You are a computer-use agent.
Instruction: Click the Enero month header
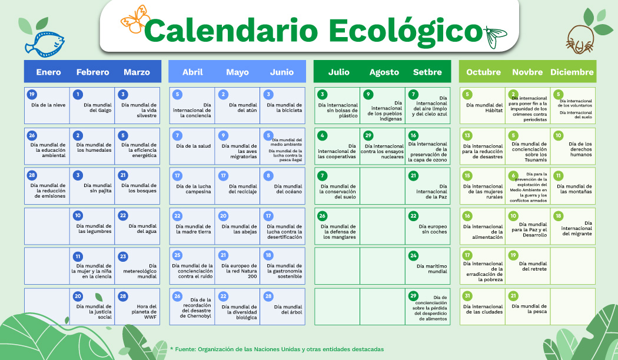click(x=48, y=72)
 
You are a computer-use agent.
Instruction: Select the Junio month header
click(x=282, y=72)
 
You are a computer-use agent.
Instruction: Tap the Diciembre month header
click(x=572, y=72)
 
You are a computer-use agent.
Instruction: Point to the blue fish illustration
click(x=45, y=42)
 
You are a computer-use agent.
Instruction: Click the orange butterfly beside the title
click(x=135, y=19)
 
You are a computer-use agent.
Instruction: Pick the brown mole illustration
click(x=580, y=39)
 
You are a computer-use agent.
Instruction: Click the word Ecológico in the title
click(x=406, y=31)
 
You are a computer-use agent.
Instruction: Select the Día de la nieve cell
click(x=47, y=105)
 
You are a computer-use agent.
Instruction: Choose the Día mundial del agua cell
click(x=137, y=226)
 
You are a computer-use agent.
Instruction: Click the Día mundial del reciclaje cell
click(x=237, y=186)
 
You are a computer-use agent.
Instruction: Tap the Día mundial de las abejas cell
click(x=237, y=226)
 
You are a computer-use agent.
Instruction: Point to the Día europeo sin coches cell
click(x=428, y=226)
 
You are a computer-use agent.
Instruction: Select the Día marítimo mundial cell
click(x=428, y=266)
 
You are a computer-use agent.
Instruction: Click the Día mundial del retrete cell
click(x=528, y=266)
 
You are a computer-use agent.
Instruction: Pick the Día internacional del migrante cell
click(x=573, y=226)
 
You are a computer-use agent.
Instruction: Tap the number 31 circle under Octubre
click(x=467, y=296)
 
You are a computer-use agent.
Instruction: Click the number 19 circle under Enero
click(x=32, y=94)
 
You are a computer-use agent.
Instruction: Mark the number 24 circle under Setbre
click(x=413, y=255)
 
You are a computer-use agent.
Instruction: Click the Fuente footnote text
click(x=277, y=349)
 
